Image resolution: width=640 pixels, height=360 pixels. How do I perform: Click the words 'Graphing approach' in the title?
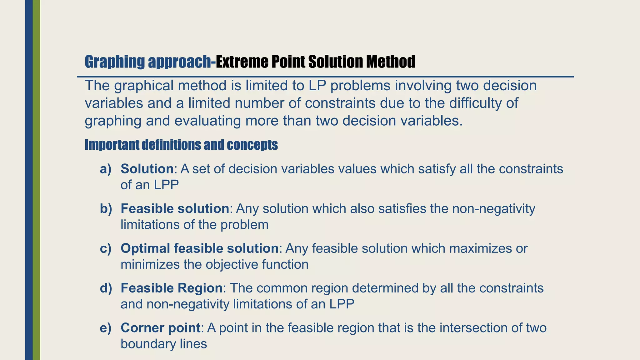pos(147,62)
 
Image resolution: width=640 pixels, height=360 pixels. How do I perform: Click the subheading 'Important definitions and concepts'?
pos(181,145)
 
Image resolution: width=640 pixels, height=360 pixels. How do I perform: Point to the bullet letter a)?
pos(106,169)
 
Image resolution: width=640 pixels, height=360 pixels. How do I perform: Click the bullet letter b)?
pos(106,209)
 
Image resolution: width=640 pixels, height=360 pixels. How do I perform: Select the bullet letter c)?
pos(106,248)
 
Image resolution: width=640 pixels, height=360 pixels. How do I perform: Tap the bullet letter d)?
pos(106,288)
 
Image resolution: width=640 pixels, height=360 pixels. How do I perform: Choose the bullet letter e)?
pos(106,328)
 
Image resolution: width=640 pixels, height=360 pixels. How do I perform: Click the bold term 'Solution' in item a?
pos(147,169)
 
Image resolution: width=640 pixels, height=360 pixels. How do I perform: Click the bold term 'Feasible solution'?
pos(175,209)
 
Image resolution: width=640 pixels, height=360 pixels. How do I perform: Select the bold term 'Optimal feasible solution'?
pos(199,248)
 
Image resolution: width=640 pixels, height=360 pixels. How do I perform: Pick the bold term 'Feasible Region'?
pos(171,288)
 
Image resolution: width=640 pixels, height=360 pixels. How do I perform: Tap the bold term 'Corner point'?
pos(160,328)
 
